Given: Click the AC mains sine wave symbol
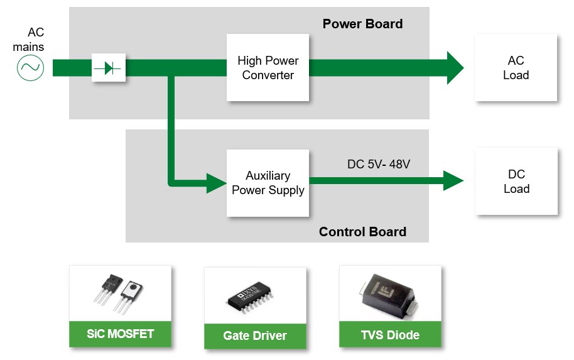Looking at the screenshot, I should (x=30, y=67).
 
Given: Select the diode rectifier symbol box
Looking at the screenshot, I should (x=109, y=67).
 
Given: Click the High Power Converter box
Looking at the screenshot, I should (x=268, y=68).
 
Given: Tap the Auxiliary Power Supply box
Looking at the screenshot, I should (x=268, y=183).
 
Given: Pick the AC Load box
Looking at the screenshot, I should (x=516, y=68).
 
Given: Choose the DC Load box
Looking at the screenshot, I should (x=516, y=182).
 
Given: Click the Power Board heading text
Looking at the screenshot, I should (x=362, y=24).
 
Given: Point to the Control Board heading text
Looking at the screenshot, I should (x=362, y=232).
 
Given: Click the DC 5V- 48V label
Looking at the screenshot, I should (x=379, y=165).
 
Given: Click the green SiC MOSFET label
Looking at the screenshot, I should (x=120, y=334).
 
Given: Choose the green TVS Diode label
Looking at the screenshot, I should (x=390, y=335).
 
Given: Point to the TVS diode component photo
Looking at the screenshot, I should (x=390, y=295).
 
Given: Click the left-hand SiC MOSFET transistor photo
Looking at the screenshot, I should (x=106, y=289).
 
